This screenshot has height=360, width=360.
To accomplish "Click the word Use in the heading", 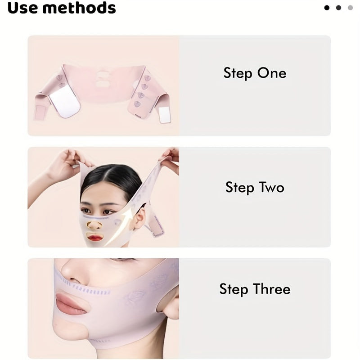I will pyautogui.click(x=23, y=8).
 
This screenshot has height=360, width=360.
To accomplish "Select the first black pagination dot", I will pyautogui.click(x=327, y=8).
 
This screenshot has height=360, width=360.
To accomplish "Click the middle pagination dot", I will pyautogui.click(x=338, y=8).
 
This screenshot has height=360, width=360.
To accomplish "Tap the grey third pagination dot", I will pyautogui.click(x=350, y=8).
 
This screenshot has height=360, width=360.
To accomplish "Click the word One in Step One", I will pyautogui.click(x=271, y=73).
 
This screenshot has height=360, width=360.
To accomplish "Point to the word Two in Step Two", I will pyautogui.click(x=271, y=187).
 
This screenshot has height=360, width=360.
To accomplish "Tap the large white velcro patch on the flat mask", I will pyautogui.click(x=67, y=103).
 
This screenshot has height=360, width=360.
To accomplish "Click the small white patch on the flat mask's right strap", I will pyautogui.click(x=164, y=115).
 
